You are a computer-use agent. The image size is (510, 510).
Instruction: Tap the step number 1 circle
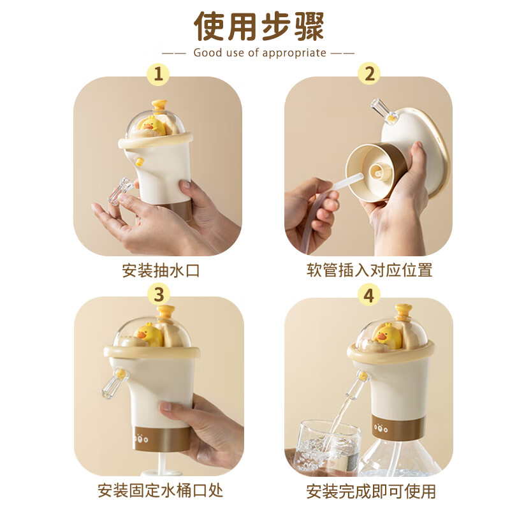coord(158,74)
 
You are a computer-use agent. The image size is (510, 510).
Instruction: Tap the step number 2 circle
coord(368,74)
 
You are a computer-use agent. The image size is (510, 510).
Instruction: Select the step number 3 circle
coord(158,294)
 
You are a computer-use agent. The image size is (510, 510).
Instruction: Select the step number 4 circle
coord(368,294)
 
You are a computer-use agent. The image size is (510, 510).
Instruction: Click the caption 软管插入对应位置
coord(368,270)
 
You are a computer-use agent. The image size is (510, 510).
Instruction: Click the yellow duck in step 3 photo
coord(149,335)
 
